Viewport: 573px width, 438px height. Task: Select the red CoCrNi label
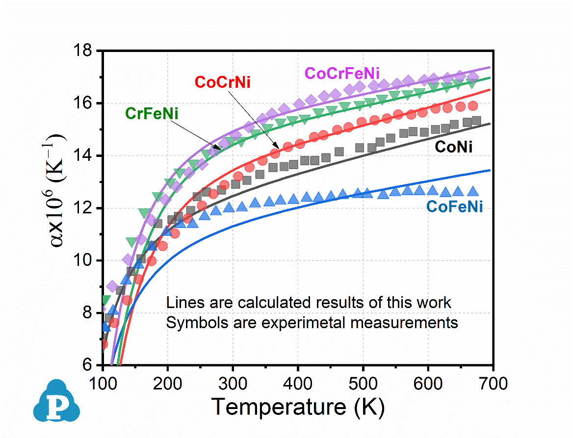222,82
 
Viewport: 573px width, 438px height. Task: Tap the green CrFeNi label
152,114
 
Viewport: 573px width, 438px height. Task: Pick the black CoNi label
454,147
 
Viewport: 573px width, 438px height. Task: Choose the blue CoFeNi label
454,207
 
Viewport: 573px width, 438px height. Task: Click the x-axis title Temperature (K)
298,407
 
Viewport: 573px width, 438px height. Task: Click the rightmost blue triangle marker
473,191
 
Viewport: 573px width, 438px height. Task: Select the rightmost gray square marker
476,121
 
